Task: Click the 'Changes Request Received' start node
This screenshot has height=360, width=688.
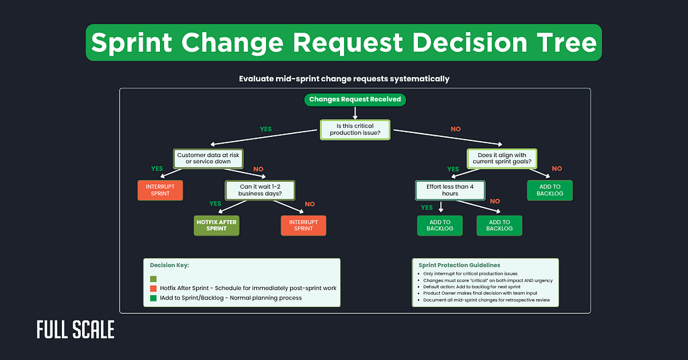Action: click(354, 99)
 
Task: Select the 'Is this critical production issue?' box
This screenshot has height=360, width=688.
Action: click(354, 129)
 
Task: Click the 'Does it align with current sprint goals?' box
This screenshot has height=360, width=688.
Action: click(502, 159)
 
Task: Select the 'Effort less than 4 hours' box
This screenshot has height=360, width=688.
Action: click(450, 189)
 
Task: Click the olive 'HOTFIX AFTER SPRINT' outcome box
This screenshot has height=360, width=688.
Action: click(216, 225)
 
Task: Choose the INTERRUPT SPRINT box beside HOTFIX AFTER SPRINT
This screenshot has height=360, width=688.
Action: click(303, 225)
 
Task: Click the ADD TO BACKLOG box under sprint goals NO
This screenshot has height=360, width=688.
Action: click(550, 189)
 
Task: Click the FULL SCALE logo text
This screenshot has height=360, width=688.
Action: click(75, 330)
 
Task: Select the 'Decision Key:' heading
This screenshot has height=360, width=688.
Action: click(170, 266)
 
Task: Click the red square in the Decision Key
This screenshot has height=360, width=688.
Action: click(154, 288)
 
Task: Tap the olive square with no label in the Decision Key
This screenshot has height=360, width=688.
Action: click(154, 279)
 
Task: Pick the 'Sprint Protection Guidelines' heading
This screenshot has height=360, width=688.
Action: click(459, 265)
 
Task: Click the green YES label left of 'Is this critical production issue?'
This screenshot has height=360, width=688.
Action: click(267, 128)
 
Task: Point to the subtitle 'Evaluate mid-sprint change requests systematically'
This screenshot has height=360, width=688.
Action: click(344, 79)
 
